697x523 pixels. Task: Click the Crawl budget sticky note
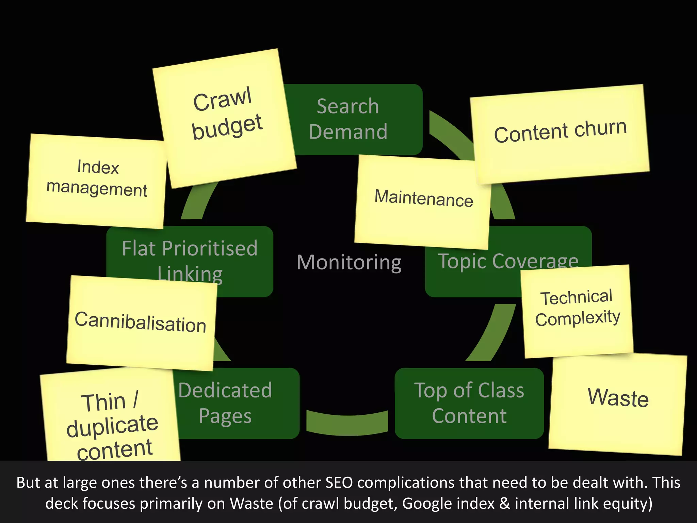[225, 117]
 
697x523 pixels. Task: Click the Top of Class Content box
[469, 403]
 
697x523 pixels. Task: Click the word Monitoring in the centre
[349, 263]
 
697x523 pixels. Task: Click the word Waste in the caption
[252, 503]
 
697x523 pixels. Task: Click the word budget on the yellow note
[227, 127]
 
